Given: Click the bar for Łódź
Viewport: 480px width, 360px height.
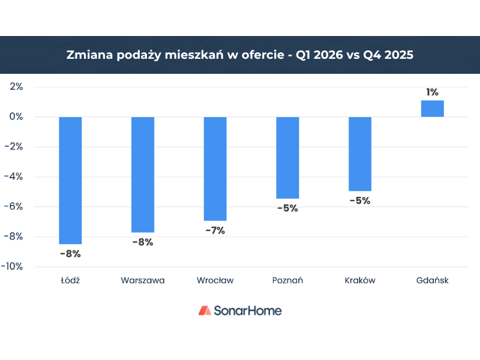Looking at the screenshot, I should click(70, 180).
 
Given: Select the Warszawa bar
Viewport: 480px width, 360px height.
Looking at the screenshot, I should click(143, 174).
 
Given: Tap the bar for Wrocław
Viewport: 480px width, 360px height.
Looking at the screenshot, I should click(215, 169).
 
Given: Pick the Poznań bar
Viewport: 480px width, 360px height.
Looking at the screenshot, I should click(287, 157).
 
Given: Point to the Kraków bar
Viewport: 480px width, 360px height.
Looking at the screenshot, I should click(360, 154).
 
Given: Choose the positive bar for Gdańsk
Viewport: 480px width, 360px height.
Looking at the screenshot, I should click(432, 109).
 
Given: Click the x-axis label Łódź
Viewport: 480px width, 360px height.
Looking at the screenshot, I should click(70, 280).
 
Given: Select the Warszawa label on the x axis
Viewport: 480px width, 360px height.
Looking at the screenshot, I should click(143, 280).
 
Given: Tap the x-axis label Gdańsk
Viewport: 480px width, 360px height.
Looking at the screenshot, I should click(432, 280).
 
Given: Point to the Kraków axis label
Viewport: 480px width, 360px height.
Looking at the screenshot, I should click(360, 280).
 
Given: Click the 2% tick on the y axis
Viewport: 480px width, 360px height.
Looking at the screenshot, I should click(16, 86).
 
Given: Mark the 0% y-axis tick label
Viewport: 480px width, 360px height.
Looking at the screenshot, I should click(16, 116).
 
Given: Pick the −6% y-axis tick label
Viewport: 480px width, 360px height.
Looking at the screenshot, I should click(14, 206).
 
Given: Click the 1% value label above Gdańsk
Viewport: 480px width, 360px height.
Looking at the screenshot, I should click(432, 92).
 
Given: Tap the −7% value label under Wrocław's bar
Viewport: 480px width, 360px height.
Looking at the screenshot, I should click(215, 231).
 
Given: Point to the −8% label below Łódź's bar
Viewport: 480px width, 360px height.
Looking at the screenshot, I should click(70, 254).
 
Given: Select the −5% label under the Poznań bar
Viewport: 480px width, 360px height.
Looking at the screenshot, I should click(287, 209).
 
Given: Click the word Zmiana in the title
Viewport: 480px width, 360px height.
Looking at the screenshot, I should click(87, 55).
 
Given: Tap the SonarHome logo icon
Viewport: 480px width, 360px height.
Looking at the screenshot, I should click(205, 310).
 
